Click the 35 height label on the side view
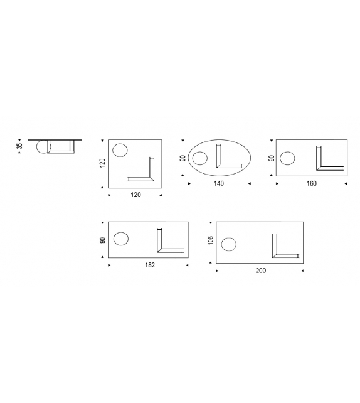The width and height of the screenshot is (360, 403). [x=19, y=146]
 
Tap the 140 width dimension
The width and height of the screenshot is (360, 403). [x=218, y=183]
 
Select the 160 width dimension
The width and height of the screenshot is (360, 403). [x=312, y=183]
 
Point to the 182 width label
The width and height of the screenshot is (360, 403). [x=150, y=265]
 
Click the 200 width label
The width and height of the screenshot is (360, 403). [x=261, y=271]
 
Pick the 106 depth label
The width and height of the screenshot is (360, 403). [x=211, y=240]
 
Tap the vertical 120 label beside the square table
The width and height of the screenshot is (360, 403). [x=102, y=163]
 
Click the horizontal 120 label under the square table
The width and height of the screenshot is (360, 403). [x=136, y=195]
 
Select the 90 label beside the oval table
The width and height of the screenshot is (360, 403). [x=183, y=158]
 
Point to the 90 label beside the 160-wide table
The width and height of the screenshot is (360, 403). [x=271, y=158]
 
